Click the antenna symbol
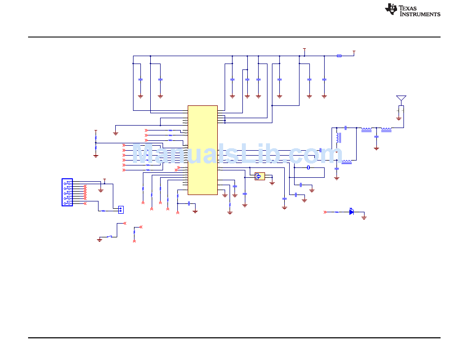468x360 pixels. point(401,98)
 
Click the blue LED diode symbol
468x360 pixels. point(352,212)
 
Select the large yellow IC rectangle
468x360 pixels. point(202,150)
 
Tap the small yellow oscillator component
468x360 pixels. point(260,176)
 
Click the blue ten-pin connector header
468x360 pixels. point(67,193)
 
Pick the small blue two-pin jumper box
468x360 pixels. point(121,210)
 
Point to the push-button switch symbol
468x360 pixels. point(109,237)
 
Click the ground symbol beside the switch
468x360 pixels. point(100,239)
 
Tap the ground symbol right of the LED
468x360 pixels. point(364,218)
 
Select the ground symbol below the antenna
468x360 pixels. point(399,119)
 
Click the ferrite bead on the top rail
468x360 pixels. point(339,56)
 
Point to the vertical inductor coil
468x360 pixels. point(338,138)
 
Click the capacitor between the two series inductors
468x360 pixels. point(376,136)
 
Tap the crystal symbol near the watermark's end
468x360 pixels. point(308,167)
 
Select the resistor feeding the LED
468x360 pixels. point(336,212)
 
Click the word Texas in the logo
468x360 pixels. point(408,8)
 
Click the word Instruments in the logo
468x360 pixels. point(420,14)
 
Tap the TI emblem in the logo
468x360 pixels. point(391,9)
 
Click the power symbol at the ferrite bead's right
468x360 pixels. point(354,53)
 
